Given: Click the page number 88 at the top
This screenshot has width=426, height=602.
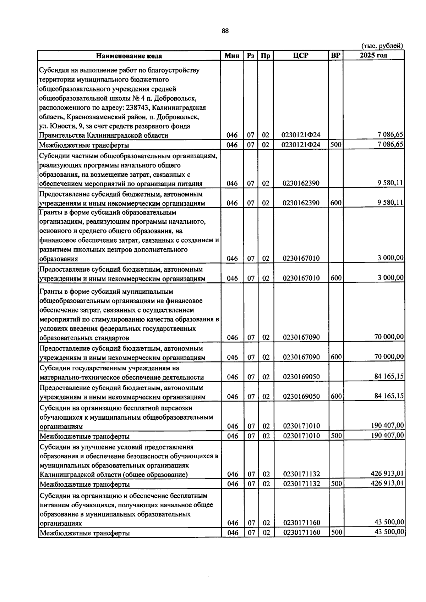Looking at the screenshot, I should (225, 31).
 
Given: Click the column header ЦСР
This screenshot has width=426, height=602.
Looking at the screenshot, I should (301, 56).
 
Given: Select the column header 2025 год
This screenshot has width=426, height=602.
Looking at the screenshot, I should (373, 55).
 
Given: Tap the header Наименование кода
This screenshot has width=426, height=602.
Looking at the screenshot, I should (130, 56).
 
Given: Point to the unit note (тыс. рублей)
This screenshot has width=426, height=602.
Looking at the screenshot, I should (382, 46).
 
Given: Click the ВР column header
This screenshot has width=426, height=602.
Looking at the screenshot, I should (335, 56).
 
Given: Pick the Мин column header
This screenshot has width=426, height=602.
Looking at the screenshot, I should (232, 56).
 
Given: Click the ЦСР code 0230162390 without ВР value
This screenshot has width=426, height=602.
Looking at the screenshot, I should (301, 183).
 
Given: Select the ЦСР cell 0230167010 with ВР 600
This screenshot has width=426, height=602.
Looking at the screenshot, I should (301, 278).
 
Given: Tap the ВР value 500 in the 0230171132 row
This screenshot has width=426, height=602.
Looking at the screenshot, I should (336, 484).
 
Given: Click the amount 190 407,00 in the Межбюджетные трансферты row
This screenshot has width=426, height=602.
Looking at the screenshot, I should (387, 435).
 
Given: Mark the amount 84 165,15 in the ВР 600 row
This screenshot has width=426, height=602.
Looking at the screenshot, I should (389, 396).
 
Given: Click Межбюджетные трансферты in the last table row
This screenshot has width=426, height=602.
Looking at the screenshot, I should (84, 533).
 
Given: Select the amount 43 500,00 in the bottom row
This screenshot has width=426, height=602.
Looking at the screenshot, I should (389, 532).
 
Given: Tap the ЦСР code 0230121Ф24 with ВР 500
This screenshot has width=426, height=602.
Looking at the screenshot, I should (301, 145).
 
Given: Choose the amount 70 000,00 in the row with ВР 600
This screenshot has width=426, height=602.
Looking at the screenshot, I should (389, 357).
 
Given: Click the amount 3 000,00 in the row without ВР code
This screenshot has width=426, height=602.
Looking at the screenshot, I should (390, 258).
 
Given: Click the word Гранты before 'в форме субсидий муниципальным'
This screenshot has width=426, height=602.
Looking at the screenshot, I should (50, 292).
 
